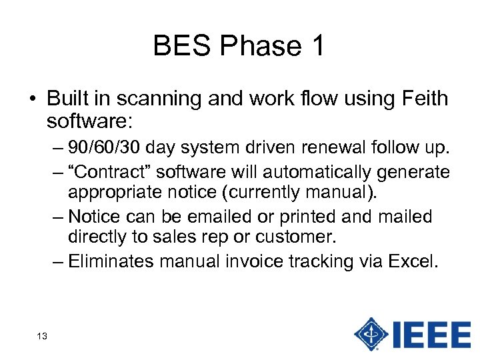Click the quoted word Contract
pyautogui.click(x=109, y=172)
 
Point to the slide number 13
pyautogui.click(x=41, y=337)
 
